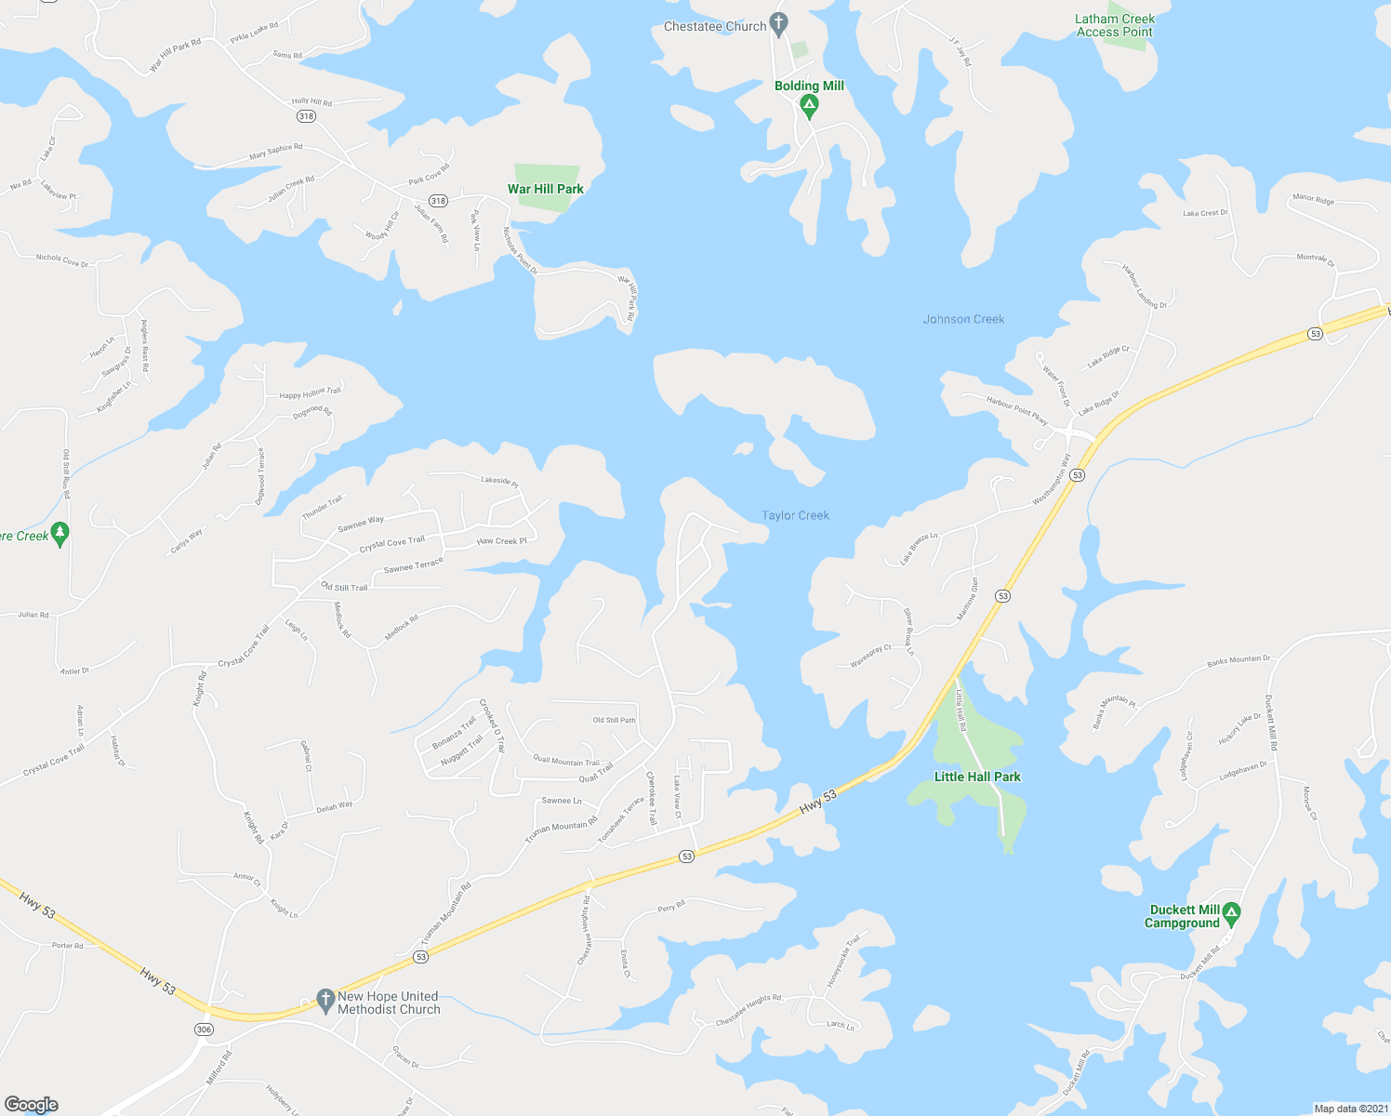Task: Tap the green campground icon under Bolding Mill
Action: tap(809, 108)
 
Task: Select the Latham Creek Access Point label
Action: tap(1115, 25)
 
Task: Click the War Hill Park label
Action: tap(546, 189)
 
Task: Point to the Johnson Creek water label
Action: tap(963, 319)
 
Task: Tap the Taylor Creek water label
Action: tap(795, 515)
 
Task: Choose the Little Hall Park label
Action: tap(977, 777)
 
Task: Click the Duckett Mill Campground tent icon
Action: tap(1232, 913)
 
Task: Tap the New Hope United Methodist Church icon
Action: tap(325, 1000)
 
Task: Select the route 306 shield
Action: tap(204, 1030)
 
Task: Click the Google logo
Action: tap(32, 1105)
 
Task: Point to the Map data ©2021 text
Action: tap(1349, 1109)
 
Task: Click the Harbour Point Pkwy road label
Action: tap(1017, 410)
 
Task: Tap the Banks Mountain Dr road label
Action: tap(1239, 660)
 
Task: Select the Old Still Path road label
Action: tap(615, 720)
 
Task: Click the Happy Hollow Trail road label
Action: tap(311, 393)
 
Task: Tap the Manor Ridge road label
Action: tap(1313, 199)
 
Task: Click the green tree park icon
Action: tap(60, 534)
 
